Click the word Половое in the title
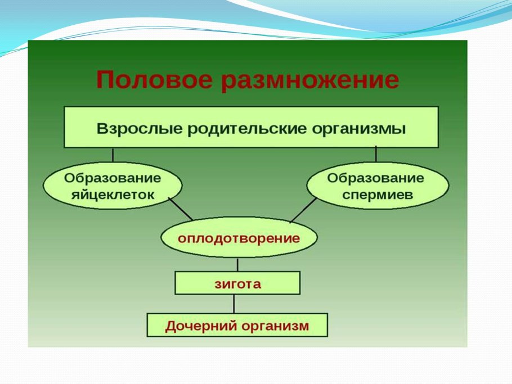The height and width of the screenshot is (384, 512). click(154, 80)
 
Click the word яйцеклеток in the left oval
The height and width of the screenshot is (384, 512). click(113, 195)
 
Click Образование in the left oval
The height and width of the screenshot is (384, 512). click(113, 178)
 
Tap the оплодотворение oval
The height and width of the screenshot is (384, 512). click(239, 238)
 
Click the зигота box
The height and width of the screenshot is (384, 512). click(237, 283)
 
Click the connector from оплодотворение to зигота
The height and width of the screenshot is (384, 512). click(237, 265)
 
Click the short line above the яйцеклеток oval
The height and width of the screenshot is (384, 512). click(113, 155)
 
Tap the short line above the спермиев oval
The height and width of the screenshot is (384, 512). click(376, 155)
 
